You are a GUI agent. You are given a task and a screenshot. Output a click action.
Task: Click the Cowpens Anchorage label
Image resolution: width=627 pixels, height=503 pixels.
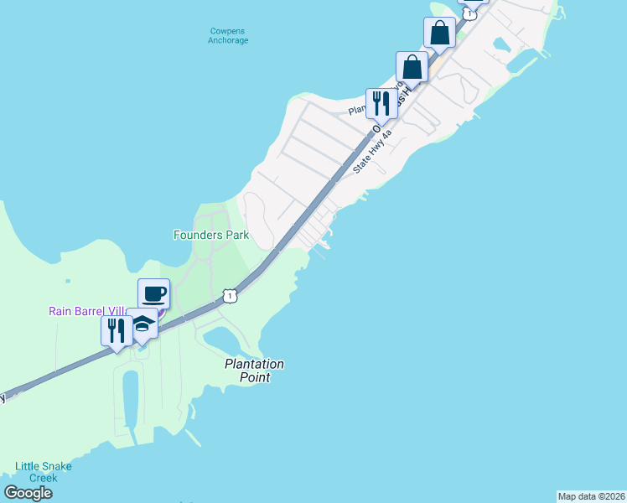pyautogui.click(x=228, y=36)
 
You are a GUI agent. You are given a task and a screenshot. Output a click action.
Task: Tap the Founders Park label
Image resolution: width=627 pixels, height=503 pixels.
pyautogui.click(x=211, y=236)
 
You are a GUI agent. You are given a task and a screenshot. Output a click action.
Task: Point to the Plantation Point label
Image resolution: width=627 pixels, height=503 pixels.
pyautogui.click(x=254, y=371)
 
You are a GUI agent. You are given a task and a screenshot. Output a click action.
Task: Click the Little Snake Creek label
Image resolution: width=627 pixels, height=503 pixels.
pyautogui.click(x=43, y=472)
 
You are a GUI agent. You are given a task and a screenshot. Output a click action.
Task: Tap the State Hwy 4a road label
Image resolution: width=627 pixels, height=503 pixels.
pyautogui.click(x=372, y=151)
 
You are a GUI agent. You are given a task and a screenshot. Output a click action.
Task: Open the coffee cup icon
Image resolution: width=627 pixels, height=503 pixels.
pyautogui.click(x=153, y=294)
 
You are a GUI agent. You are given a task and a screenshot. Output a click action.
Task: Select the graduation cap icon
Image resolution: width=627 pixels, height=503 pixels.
pyautogui.click(x=142, y=324)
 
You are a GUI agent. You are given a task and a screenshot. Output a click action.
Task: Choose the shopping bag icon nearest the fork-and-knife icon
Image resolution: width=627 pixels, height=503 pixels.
pyautogui.click(x=412, y=67)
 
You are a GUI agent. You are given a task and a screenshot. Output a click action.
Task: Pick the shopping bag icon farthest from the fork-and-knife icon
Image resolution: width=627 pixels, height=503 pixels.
pyautogui.click(x=440, y=34)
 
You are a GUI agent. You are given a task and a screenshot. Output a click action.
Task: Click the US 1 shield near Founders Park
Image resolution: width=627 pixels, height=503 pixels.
pyautogui.click(x=230, y=295)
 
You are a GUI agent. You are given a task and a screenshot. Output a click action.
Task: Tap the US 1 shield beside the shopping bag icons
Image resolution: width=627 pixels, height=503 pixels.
pyautogui.click(x=470, y=13)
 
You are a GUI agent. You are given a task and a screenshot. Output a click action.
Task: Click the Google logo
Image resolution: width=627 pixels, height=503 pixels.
pyautogui.click(x=28, y=493)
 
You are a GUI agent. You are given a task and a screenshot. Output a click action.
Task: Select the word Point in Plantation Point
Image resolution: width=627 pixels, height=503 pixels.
pyautogui.click(x=254, y=377)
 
